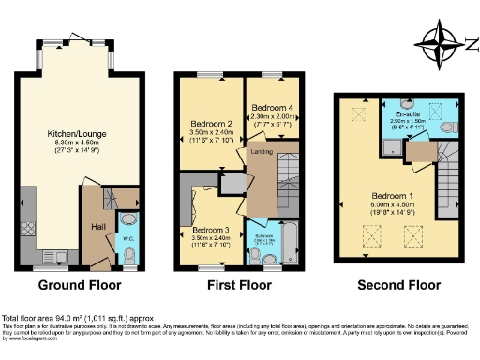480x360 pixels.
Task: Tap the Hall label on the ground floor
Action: (97, 226)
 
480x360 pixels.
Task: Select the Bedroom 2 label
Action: (211, 124)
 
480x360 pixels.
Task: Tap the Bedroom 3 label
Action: (211, 230)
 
